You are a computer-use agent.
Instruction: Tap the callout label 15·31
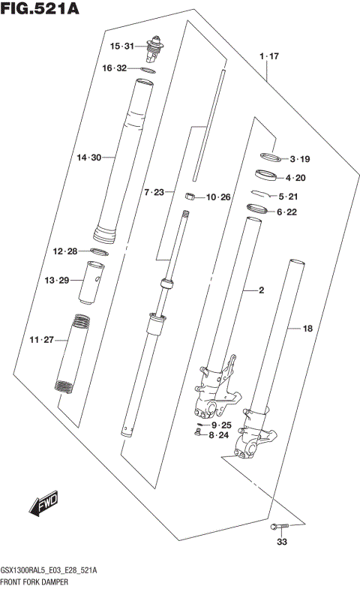[x=121, y=47]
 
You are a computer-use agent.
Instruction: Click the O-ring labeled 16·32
[x=148, y=70]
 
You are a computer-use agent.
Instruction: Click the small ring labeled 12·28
[x=102, y=251]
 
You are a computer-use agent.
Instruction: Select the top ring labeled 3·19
[x=269, y=158]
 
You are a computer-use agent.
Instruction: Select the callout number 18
[x=306, y=328]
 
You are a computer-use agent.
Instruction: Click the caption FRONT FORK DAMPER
[x=36, y=581]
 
